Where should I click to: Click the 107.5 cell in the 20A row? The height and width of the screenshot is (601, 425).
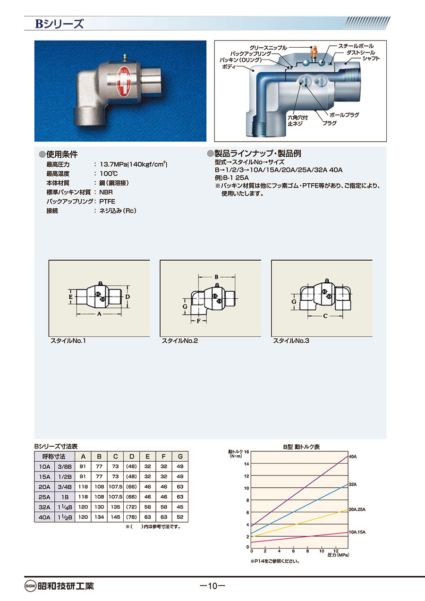point(115,486)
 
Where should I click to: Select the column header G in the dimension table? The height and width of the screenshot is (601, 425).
point(180,457)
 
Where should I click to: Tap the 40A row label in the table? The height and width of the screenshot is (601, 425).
point(44,517)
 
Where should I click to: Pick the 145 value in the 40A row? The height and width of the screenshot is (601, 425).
point(115,517)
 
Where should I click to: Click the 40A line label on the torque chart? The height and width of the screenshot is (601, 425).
point(353,457)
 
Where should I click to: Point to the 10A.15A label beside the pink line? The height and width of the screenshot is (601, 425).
point(357,533)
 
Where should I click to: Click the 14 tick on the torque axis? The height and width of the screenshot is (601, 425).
point(246,464)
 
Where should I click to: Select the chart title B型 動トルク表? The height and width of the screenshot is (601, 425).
point(302,447)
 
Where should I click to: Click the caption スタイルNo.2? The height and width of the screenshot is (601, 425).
point(180,341)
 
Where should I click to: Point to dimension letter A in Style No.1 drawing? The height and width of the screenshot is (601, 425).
point(99,313)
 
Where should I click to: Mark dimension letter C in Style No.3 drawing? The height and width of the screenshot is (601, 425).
point(325,316)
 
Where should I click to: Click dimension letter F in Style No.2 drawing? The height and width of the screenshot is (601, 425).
point(198,321)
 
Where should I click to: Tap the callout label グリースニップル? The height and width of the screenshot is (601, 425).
point(268,48)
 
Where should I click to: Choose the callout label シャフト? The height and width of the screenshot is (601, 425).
point(371,59)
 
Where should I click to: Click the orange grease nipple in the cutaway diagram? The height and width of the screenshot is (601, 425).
point(313,53)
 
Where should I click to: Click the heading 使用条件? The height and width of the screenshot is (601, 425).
point(62,154)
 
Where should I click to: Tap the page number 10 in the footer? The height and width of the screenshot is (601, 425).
point(212,586)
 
